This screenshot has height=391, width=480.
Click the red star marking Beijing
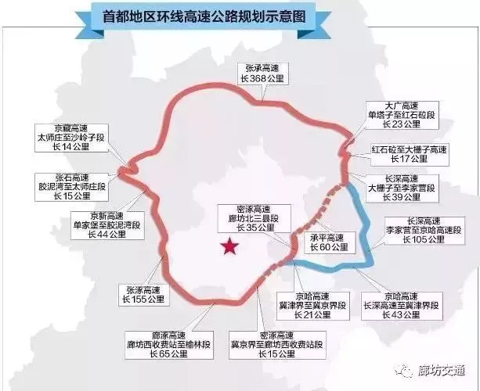click(x=229, y=247)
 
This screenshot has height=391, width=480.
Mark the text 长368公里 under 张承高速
click(x=264, y=78)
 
